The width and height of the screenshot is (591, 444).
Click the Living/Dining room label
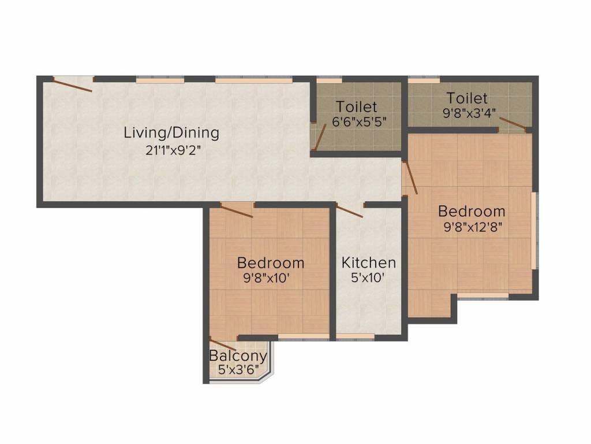point(171,133)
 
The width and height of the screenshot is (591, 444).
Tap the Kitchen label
point(369,263)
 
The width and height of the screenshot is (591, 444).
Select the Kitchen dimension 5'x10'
point(369,277)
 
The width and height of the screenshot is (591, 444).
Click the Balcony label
point(238,356)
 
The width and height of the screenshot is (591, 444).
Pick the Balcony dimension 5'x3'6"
point(238,369)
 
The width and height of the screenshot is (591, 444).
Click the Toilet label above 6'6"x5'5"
point(357,107)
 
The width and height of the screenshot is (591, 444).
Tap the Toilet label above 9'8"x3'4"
point(467,98)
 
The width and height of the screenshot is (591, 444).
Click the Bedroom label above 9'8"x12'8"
point(472,211)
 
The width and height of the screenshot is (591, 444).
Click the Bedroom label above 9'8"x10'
point(271,263)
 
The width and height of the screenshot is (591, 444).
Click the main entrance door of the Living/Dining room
point(73,84)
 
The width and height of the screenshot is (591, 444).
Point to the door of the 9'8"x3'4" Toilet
point(513,123)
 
